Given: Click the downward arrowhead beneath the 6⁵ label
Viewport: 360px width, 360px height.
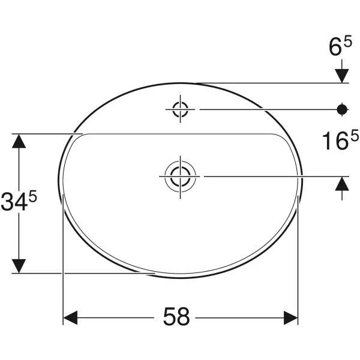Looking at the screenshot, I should pos(342,76).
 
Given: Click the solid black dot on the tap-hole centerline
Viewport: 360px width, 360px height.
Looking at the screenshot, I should pos(342,109).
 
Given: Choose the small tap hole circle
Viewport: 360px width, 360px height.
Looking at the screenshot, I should pos(181,109).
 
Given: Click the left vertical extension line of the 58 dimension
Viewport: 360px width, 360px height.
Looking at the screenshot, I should pos(64,258).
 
